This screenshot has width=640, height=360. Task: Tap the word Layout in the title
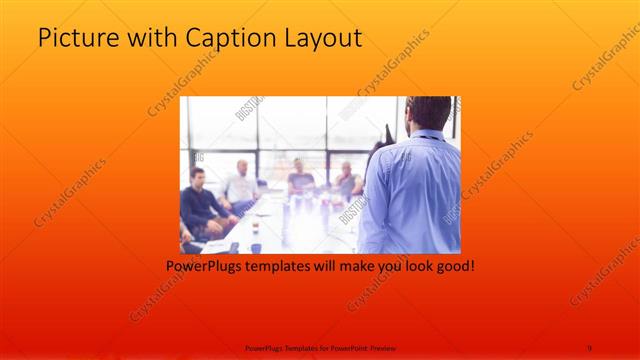click(316, 40)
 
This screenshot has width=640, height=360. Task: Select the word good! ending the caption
click(451, 268)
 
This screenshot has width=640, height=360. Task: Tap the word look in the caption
click(409, 268)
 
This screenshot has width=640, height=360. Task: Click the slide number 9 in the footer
click(589, 347)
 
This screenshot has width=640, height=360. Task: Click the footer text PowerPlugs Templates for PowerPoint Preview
click(319, 347)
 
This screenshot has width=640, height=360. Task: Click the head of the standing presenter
click(429, 113)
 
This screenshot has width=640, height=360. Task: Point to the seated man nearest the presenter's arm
click(347, 180)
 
